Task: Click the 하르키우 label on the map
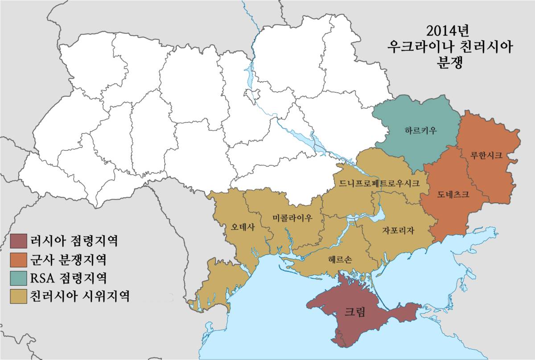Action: pos(420,131)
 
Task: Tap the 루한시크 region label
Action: pos(486,156)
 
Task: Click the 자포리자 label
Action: pos(398,231)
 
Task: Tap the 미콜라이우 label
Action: pos(292,218)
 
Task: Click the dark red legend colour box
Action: pos(18,241)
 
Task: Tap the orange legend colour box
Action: pos(18,260)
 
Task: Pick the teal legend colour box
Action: pos(18,278)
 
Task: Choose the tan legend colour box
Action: pos(18,296)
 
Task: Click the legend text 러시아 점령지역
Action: pos(74,241)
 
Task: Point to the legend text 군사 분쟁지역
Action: pos(69,260)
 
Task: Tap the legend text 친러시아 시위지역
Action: pos(80,296)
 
